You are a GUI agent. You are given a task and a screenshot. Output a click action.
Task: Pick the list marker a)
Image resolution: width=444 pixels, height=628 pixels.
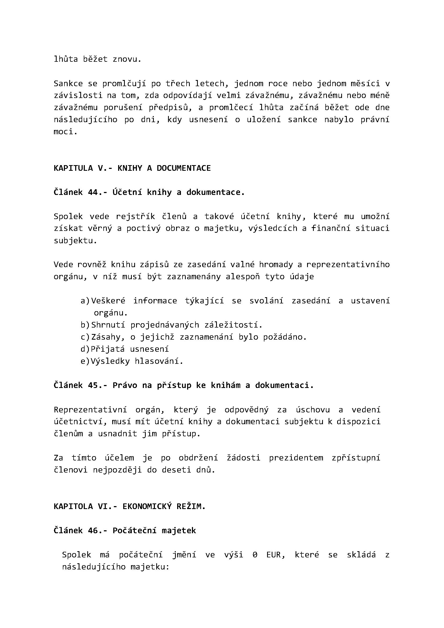click(85, 301)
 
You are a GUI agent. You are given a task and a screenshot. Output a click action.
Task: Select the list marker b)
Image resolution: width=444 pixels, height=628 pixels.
click(85, 325)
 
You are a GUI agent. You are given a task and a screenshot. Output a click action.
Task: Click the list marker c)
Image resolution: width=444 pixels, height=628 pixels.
click(85, 337)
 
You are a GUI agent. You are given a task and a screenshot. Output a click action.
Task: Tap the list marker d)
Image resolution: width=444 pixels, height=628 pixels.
click(85, 349)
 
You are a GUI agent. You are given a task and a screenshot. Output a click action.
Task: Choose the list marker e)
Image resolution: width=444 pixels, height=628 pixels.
click(85, 361)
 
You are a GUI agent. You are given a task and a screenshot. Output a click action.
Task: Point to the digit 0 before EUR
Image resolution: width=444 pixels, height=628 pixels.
click(255, 555)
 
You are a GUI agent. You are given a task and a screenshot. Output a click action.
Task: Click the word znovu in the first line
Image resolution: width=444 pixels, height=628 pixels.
click(127, 59)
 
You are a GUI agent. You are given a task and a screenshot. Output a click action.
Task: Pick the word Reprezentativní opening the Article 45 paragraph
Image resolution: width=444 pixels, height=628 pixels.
click(90, 410)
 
